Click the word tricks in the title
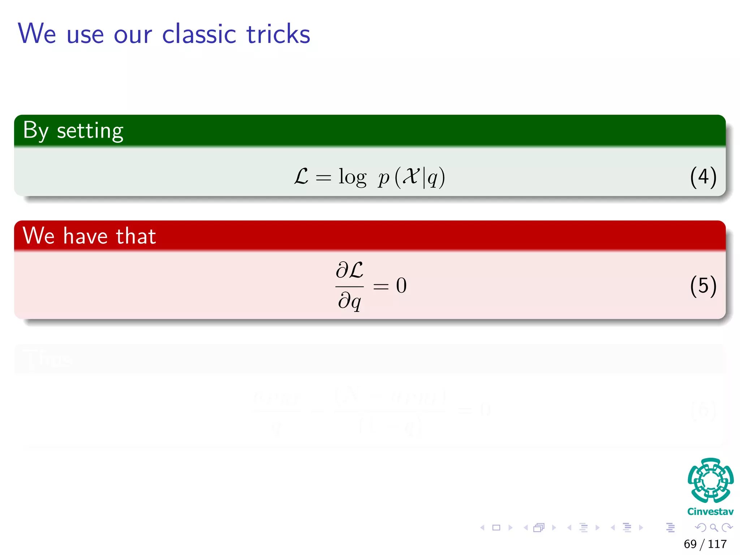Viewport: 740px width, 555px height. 278,34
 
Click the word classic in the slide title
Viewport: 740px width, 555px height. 199,34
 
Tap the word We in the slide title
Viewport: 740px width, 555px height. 37,34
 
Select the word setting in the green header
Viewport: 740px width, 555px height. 90,131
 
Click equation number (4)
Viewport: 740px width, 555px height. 703,177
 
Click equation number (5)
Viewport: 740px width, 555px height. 703,286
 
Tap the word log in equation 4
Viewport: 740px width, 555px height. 352,177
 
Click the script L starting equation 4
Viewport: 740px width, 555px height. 301,177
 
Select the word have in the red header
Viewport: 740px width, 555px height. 85,236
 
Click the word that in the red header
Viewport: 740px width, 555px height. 136,236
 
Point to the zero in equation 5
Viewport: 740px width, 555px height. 401,285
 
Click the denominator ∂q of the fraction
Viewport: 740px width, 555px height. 349,301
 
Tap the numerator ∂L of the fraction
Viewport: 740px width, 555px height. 349,270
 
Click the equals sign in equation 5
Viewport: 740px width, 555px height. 381,287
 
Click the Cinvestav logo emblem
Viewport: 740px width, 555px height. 710,480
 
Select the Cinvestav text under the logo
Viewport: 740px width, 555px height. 710,512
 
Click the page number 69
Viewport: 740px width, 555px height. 690,544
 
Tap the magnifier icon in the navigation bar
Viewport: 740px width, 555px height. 714,528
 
